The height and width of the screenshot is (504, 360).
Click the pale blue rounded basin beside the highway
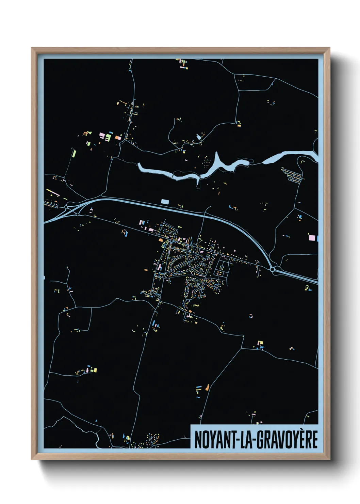(165, 202)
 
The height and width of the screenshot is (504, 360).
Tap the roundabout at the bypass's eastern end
(273, 269)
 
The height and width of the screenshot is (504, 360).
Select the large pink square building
(312, 237)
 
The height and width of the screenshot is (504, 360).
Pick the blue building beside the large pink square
(317, 238)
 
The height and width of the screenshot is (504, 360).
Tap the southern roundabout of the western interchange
(78, 214)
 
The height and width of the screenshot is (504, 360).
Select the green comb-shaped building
(108, 138)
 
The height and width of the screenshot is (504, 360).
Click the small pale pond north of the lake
(199, 137)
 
